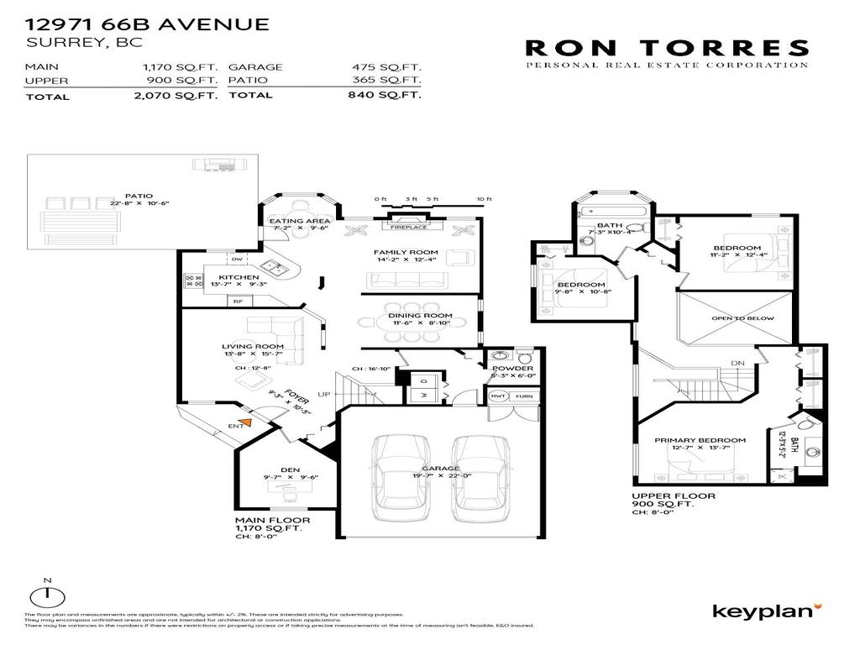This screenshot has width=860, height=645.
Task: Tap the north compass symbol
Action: [48, 595]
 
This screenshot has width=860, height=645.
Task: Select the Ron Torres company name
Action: [667, 48]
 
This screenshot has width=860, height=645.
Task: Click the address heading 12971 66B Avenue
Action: [148, 24]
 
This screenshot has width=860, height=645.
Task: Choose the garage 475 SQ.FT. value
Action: [386, 66]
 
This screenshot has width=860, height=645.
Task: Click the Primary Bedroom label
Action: [700, 440]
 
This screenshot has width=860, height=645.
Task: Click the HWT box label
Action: [498, 396]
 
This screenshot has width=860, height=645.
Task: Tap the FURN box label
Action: [523, 396]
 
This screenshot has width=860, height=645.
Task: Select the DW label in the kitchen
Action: [236, 260]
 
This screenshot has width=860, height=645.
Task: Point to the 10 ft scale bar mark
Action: [483, 199]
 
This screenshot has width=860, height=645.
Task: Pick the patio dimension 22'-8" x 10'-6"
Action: [128, 203]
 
